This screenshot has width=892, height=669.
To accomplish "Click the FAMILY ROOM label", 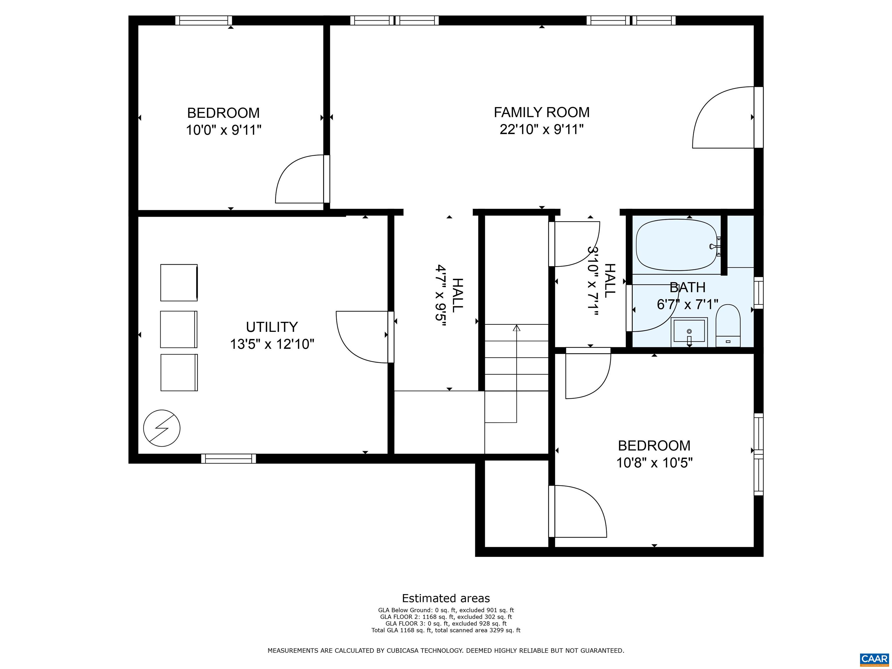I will click(x=541, y=112).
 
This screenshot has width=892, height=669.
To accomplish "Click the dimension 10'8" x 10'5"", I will click(x=654, y=463).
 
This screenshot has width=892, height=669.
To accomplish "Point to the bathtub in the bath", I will click(x=676, y=245).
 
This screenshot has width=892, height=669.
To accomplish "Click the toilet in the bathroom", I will click(x=728, y=325).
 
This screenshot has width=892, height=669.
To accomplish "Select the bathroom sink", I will click(x=689, y=332).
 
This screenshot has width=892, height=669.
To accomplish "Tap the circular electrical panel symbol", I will click(x=162, y=428).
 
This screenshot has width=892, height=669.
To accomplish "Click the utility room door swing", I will click(x=362, y=337).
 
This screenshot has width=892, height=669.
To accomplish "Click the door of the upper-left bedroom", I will click(x=302, y=179).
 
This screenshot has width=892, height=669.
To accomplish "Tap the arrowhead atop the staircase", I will click(x=516, y=328).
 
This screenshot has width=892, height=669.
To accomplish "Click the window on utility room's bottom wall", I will click(x=228, y=458).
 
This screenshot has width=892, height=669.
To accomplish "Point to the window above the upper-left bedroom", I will click(x=203, y=20).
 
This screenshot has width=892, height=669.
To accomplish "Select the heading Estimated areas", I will click(x=446, y=598).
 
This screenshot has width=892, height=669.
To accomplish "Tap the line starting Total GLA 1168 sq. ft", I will click(x=446, y=630).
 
